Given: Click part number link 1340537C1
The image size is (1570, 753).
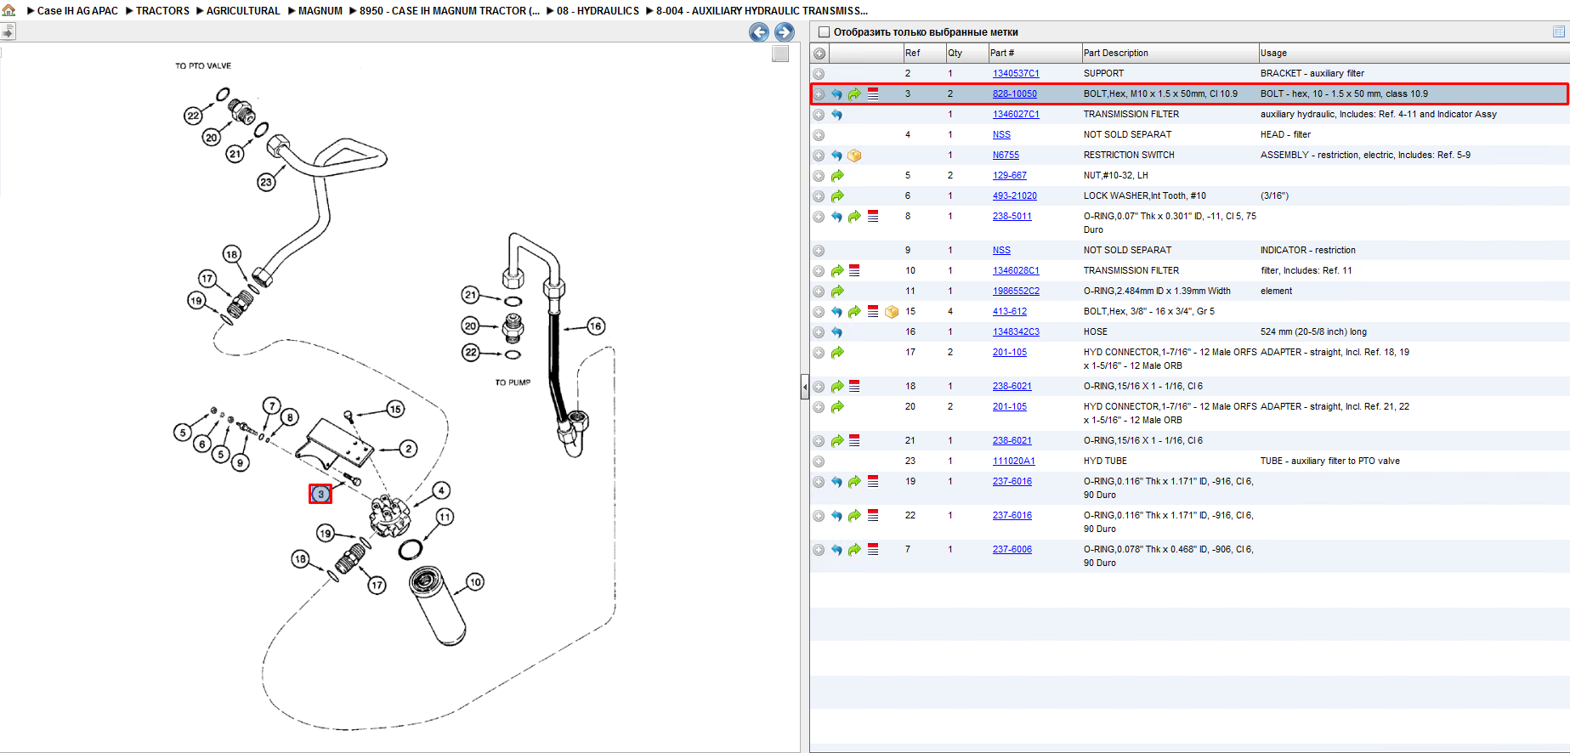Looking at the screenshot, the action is (x=1016, y=74).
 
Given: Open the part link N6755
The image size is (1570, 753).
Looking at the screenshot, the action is (x=1006, y=156).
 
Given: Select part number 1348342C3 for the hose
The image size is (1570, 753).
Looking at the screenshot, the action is (x=1016, y=332).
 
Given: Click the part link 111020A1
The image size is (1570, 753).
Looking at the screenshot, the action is (x=1013, y=461).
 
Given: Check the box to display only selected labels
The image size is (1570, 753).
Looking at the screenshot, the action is (x=823, y=32).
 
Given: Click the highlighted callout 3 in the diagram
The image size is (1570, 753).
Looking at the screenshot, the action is (x=320, y=494).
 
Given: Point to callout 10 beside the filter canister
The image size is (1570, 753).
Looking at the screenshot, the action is (x=474, y=582).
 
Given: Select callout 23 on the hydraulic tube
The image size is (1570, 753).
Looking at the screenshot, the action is (x=266, y=182).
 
